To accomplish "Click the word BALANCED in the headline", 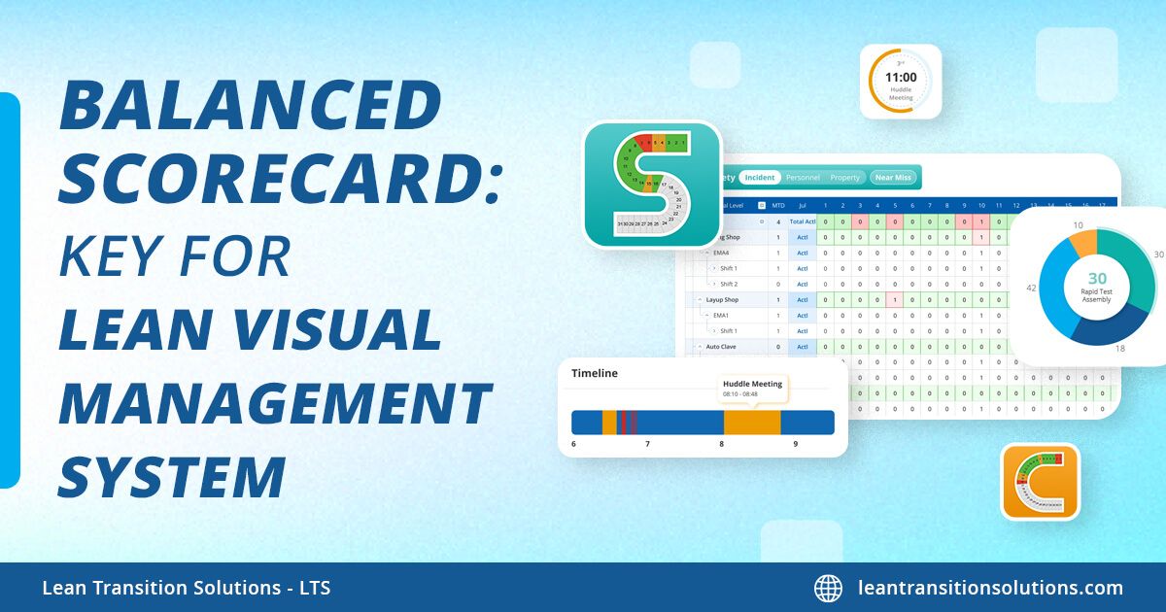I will click(x=251, y=106).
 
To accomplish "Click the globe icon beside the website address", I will click(x=828, y=588).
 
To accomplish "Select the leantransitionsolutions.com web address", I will click(x=990, y=588).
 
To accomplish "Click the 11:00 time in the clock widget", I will click(x=901, y=76).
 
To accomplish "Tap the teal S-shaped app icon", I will click(x=652, y=184).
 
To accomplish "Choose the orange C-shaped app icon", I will click(x=1040, y=482).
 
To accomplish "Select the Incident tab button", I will click(x=760, y=178).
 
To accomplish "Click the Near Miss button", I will click(x=892, y=178).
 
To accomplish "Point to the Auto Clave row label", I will click(x=722, y=346).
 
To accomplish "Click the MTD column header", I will click(x=777, y=205).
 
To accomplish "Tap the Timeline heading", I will click(x=594, y=373).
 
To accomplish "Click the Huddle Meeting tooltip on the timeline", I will click(x=753, y=389).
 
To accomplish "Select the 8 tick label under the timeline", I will click(x=721, y=444).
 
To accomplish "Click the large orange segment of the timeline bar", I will click(x=751, y=422).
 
